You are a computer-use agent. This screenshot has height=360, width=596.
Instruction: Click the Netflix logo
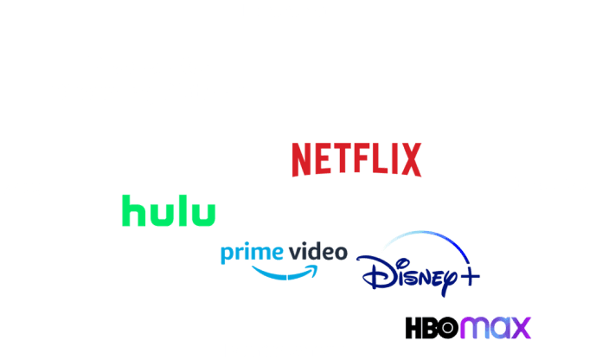[356, 160]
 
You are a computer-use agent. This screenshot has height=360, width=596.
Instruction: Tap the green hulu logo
[169, 211]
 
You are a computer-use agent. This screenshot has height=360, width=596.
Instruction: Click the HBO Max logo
[468, 328]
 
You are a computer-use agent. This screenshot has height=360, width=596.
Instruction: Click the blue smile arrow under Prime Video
[285, 271]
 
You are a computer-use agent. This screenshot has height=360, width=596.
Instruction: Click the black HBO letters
[432, 328]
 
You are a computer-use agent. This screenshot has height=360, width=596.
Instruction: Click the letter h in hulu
[131, 210]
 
